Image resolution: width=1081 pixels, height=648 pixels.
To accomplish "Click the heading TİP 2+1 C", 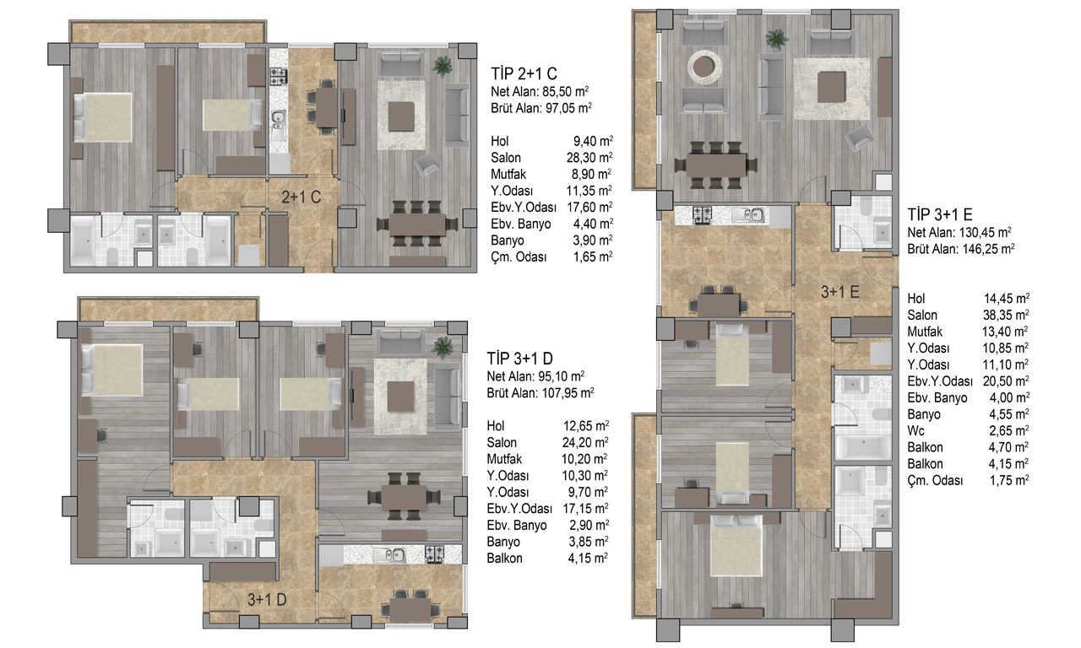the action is tap(524, 73).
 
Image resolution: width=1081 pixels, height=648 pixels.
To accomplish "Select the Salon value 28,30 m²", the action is tap(589, 158).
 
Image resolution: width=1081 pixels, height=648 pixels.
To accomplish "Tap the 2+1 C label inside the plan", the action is tap(301, 197).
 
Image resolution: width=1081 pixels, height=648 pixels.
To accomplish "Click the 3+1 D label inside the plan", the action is tap(267, 599).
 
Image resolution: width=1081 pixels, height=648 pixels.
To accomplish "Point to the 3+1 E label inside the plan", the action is tap(840, 292).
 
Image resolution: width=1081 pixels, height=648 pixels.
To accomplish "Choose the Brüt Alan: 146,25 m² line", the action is tap(961, 249).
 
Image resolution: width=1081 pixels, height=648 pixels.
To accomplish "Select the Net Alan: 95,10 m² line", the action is tap(535, 376).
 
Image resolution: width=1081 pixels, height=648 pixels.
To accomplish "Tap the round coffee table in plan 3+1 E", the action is tap(704, 67).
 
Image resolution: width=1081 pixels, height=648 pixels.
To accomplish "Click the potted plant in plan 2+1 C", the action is tap(442, 67).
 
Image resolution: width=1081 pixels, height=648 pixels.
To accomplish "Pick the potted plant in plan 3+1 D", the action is tap(442, 347).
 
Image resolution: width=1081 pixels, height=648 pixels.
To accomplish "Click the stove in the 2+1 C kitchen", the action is tap(279, 76).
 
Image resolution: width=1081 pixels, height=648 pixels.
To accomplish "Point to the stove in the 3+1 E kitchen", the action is tap(702, 214).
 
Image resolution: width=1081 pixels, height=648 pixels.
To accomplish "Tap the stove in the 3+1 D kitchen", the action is tap(434, 554).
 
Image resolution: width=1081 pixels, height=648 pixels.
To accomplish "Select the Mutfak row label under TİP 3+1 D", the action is tap(504, 459).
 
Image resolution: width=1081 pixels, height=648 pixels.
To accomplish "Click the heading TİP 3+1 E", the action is tap(940, 214).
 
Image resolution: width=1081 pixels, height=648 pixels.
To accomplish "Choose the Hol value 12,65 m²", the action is tap(586, 426).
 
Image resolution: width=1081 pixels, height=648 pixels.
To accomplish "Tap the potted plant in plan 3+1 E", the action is tap(777, 39).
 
